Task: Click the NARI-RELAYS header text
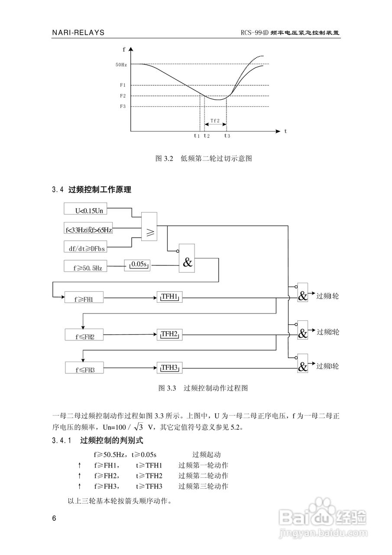78,33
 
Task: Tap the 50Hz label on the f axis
121,65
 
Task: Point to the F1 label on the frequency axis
123,85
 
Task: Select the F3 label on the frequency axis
123,106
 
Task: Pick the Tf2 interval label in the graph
215,120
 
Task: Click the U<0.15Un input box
85,210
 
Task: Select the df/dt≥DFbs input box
85,248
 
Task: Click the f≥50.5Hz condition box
85,268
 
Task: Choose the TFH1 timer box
169,297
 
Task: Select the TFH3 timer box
169,368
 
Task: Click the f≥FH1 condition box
84,298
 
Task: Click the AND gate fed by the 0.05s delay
187,258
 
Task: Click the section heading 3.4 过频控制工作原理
91,189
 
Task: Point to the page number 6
54,519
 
